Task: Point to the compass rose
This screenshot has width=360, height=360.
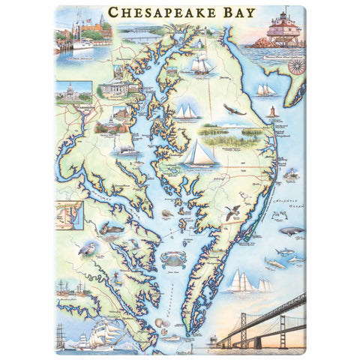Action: tap(297, 64)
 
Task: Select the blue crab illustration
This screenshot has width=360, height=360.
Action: tap(169, 259)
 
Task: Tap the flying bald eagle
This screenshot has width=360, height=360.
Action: tap(235, 111)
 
